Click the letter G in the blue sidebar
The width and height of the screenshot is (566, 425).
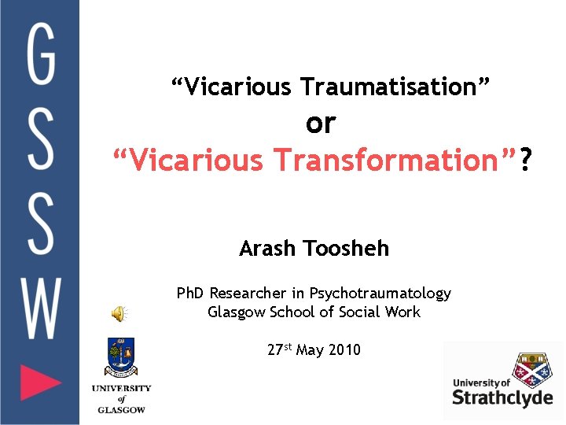click(41, 54)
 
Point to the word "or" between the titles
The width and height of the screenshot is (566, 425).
click(321, 123)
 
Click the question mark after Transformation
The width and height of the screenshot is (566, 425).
click(525, 161)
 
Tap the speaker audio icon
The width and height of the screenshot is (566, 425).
click(118, 315)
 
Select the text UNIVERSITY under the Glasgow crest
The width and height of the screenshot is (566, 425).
click(121, 388)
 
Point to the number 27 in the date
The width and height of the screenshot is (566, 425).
click(275, 350)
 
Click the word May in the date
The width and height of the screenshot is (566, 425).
click(309, 350)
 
